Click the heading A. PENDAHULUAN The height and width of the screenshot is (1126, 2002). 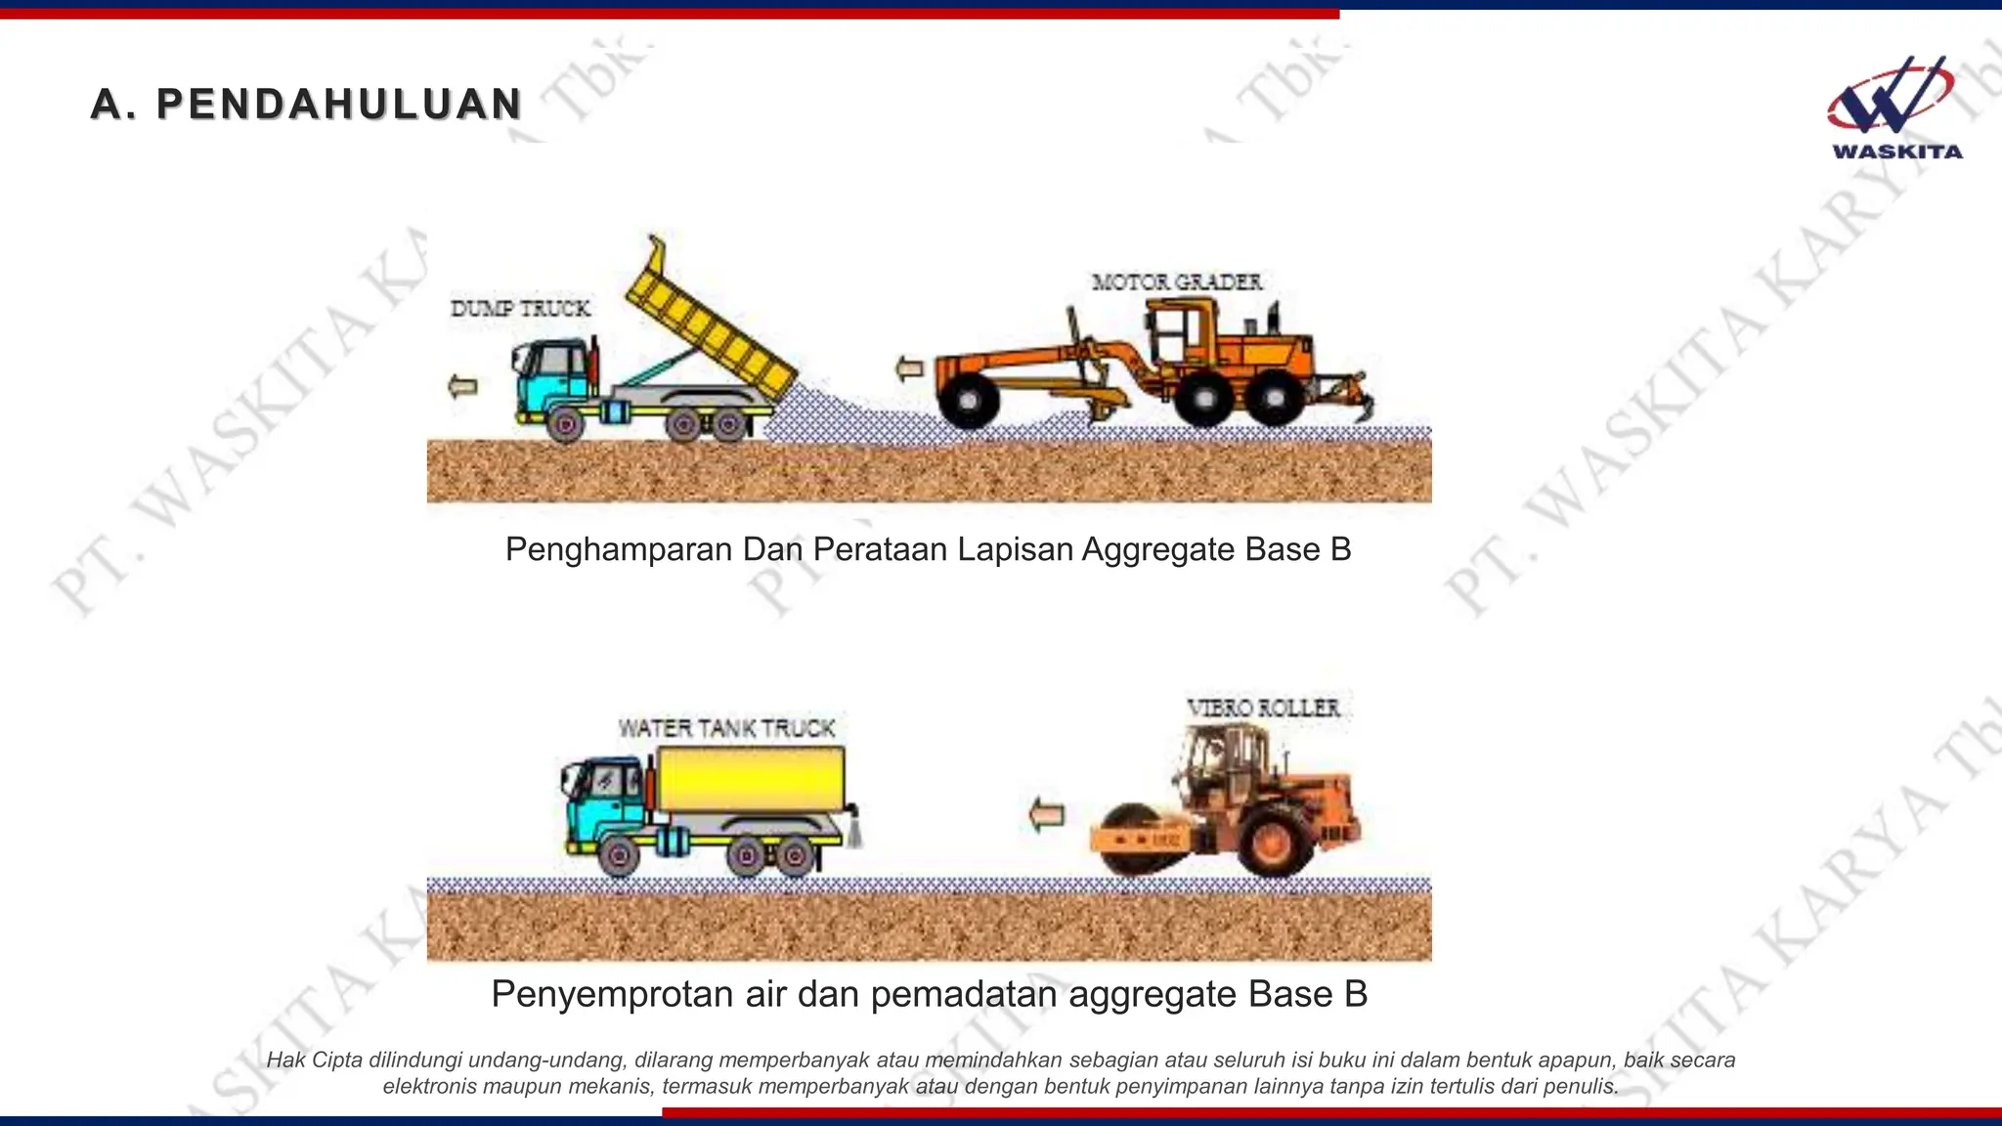click(x=306, y=105)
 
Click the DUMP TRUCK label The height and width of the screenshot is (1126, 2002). click(x=520, y=309)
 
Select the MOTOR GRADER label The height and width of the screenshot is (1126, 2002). click(x=1176, y=282)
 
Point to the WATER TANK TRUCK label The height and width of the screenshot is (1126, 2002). click(x=726, y=728)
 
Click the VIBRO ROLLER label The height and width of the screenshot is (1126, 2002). click(x=1263, y=708)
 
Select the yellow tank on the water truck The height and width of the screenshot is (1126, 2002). click(x=751, y=779)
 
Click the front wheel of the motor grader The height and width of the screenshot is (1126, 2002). click(x=968, y=400)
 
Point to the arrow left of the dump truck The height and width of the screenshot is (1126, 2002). click(x=462, y=386)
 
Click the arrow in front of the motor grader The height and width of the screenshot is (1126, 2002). click(x=910, y=368)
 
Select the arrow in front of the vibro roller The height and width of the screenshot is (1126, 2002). click(x=1046, y=814)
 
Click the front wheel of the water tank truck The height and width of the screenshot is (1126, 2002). click(x=618, y=856)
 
